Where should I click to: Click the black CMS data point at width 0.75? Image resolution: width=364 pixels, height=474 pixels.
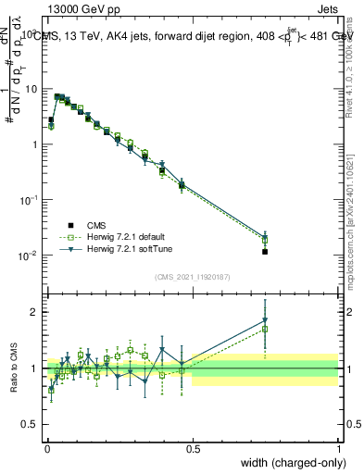(265, 251)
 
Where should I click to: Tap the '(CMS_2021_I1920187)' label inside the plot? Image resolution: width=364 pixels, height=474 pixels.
(193, 275)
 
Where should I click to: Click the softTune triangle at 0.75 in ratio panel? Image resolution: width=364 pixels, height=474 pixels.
(265, 321)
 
